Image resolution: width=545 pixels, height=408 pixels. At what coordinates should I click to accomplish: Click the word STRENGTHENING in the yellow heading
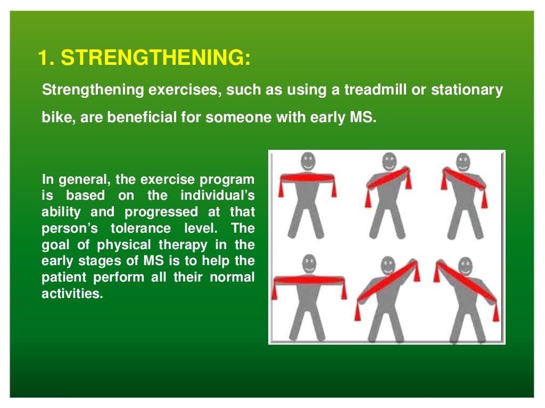pos(155,58)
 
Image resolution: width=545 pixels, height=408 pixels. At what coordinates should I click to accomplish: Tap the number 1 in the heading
pos(43,58)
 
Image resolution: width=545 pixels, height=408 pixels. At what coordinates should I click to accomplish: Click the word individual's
pos(218,195)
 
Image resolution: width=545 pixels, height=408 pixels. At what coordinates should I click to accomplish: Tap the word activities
pos(71,294)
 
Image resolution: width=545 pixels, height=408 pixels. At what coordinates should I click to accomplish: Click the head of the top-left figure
pos(307,161)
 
